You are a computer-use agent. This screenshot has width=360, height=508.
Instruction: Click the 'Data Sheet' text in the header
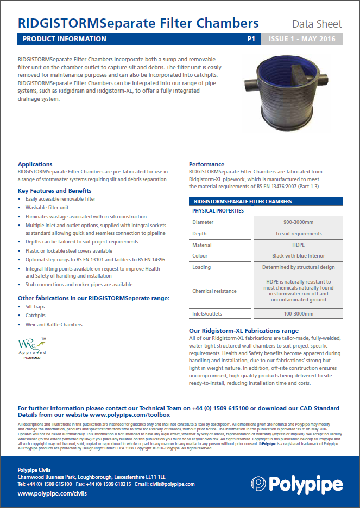[317, 24]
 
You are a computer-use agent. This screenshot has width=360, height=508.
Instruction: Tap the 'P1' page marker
[251, 39]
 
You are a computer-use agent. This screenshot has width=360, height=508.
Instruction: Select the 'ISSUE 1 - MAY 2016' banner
[302, 39]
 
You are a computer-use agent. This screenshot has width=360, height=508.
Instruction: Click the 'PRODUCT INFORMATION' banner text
[65, 39]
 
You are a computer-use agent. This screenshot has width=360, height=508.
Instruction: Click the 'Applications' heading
[35, 164]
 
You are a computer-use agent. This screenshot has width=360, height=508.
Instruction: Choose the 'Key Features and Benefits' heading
[54, 191]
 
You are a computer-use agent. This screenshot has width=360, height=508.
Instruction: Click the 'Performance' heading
[206, 164]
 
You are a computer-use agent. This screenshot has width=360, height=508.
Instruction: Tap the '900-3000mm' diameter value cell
[298, 222]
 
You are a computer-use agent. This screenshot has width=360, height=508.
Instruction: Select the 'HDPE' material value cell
[298, 245]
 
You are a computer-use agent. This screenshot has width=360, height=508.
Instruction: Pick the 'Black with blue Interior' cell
[298, 256]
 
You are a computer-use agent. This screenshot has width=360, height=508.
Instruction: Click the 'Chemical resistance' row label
[214, 291]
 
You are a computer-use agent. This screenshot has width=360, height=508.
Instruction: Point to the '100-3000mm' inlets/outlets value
[298, 314]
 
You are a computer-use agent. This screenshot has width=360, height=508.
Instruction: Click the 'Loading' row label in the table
[201, 267]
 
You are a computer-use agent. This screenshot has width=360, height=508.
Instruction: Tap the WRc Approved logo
[33, 348]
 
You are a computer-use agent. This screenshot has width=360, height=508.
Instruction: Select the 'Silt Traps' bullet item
[36, 307]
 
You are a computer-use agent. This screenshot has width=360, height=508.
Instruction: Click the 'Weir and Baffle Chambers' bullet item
[54, 325]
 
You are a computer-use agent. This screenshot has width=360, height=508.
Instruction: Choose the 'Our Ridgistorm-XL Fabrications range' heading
[243, 331]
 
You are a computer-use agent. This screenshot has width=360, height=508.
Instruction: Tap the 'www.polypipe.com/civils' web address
[52, 493]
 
